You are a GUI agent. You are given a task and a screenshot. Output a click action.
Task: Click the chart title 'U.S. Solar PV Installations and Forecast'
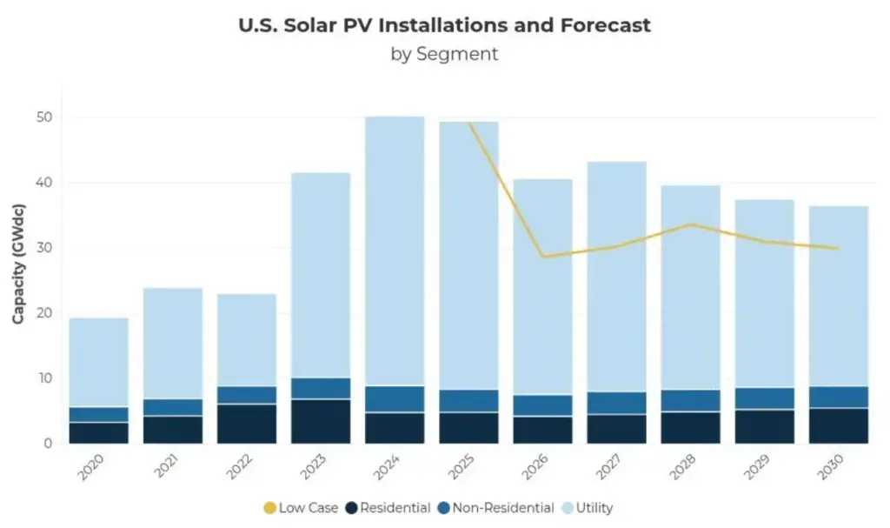[444, 25]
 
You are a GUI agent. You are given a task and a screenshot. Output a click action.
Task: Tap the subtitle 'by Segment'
[444, 54]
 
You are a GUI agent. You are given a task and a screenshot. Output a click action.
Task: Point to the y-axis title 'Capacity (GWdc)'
[18, 264]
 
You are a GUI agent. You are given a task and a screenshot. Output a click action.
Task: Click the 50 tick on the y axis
[43, 117]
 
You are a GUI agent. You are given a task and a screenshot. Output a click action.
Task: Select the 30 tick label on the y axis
[43, 248]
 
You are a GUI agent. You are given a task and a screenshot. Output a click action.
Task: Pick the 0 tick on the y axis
[48, 444]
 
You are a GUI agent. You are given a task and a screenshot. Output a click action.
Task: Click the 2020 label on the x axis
[90, 469]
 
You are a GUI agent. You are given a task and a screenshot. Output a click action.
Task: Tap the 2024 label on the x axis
[388, 469]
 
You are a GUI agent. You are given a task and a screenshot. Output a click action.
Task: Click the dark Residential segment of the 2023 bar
[321, 421]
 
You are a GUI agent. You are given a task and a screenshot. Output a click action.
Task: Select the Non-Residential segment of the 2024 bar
[395, 398]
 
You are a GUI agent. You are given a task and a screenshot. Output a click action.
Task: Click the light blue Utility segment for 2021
[173, 344]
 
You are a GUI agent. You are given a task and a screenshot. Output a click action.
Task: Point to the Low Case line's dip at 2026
[543, 257]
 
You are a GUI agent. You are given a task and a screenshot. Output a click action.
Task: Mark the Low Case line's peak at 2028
[691, 224]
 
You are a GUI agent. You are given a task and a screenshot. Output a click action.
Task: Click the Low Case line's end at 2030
[838, 249]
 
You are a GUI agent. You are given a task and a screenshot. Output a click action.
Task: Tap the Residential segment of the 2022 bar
[247, 424]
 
